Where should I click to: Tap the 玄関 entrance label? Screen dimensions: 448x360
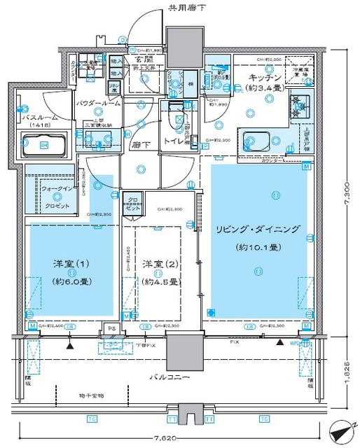point(139,60)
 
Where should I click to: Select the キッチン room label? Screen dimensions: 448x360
point(266,77)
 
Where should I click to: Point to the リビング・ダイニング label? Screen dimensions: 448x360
point(258,229)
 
